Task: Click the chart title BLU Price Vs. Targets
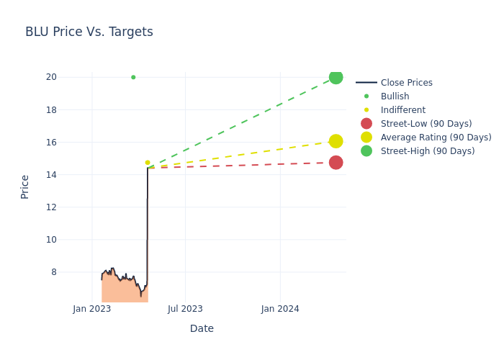coord(89,32)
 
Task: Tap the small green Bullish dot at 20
coord(133,77)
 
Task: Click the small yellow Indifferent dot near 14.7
coord(148,163)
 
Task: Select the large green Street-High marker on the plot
coord(336,77)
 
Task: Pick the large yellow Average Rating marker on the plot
coord(336,141)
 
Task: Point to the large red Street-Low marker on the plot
coord(336,163)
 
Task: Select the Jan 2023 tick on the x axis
coord(92,309)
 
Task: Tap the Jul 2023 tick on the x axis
coord(185,309)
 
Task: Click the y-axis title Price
coord(25,186)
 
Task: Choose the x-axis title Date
coord(202,328)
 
